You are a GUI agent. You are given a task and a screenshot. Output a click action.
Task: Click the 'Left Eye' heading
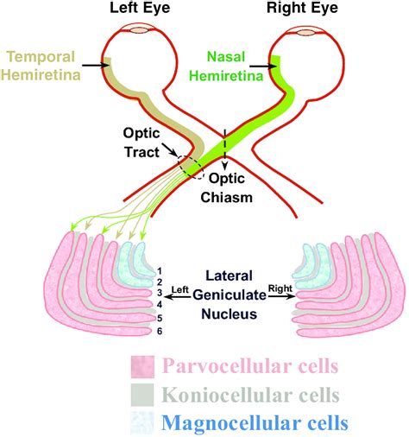(x=140, y=8)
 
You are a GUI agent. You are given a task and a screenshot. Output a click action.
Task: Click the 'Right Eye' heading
(x=302, y=8)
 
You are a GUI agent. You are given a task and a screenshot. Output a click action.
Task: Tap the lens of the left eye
(x=140, y=30)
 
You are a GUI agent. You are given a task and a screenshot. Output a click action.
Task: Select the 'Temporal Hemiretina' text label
(x=41, y=66)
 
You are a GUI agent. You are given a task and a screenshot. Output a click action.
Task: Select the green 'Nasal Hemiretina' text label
(x=226, y=66)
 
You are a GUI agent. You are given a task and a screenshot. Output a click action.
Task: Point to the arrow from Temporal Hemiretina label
(x=96, y=66)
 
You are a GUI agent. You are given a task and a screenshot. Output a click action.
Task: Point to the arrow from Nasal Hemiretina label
(x=263, y=66)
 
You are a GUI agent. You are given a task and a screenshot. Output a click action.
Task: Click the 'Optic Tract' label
(x=142, y=142)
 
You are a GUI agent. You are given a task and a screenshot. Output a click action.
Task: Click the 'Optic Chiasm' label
(x=227, y=188)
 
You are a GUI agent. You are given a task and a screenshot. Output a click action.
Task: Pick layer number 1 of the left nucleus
(x=160, y=271)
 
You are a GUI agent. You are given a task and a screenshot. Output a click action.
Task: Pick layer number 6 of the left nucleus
(x=160, y=331)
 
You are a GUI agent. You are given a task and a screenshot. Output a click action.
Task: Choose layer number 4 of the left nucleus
(x=160, y=305)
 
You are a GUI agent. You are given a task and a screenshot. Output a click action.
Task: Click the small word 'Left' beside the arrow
(x=180, y=289)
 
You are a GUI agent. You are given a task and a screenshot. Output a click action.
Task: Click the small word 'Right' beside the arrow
(x=280, y=288)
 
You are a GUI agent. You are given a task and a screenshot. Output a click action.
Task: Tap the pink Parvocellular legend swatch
(x=142, y=367)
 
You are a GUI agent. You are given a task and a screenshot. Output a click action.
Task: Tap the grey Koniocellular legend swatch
(x=142, y=395)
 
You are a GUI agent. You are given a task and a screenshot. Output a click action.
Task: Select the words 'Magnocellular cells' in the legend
(x=255, y=423)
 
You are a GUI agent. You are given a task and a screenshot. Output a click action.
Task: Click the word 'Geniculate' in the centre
(x=230, y=295)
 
